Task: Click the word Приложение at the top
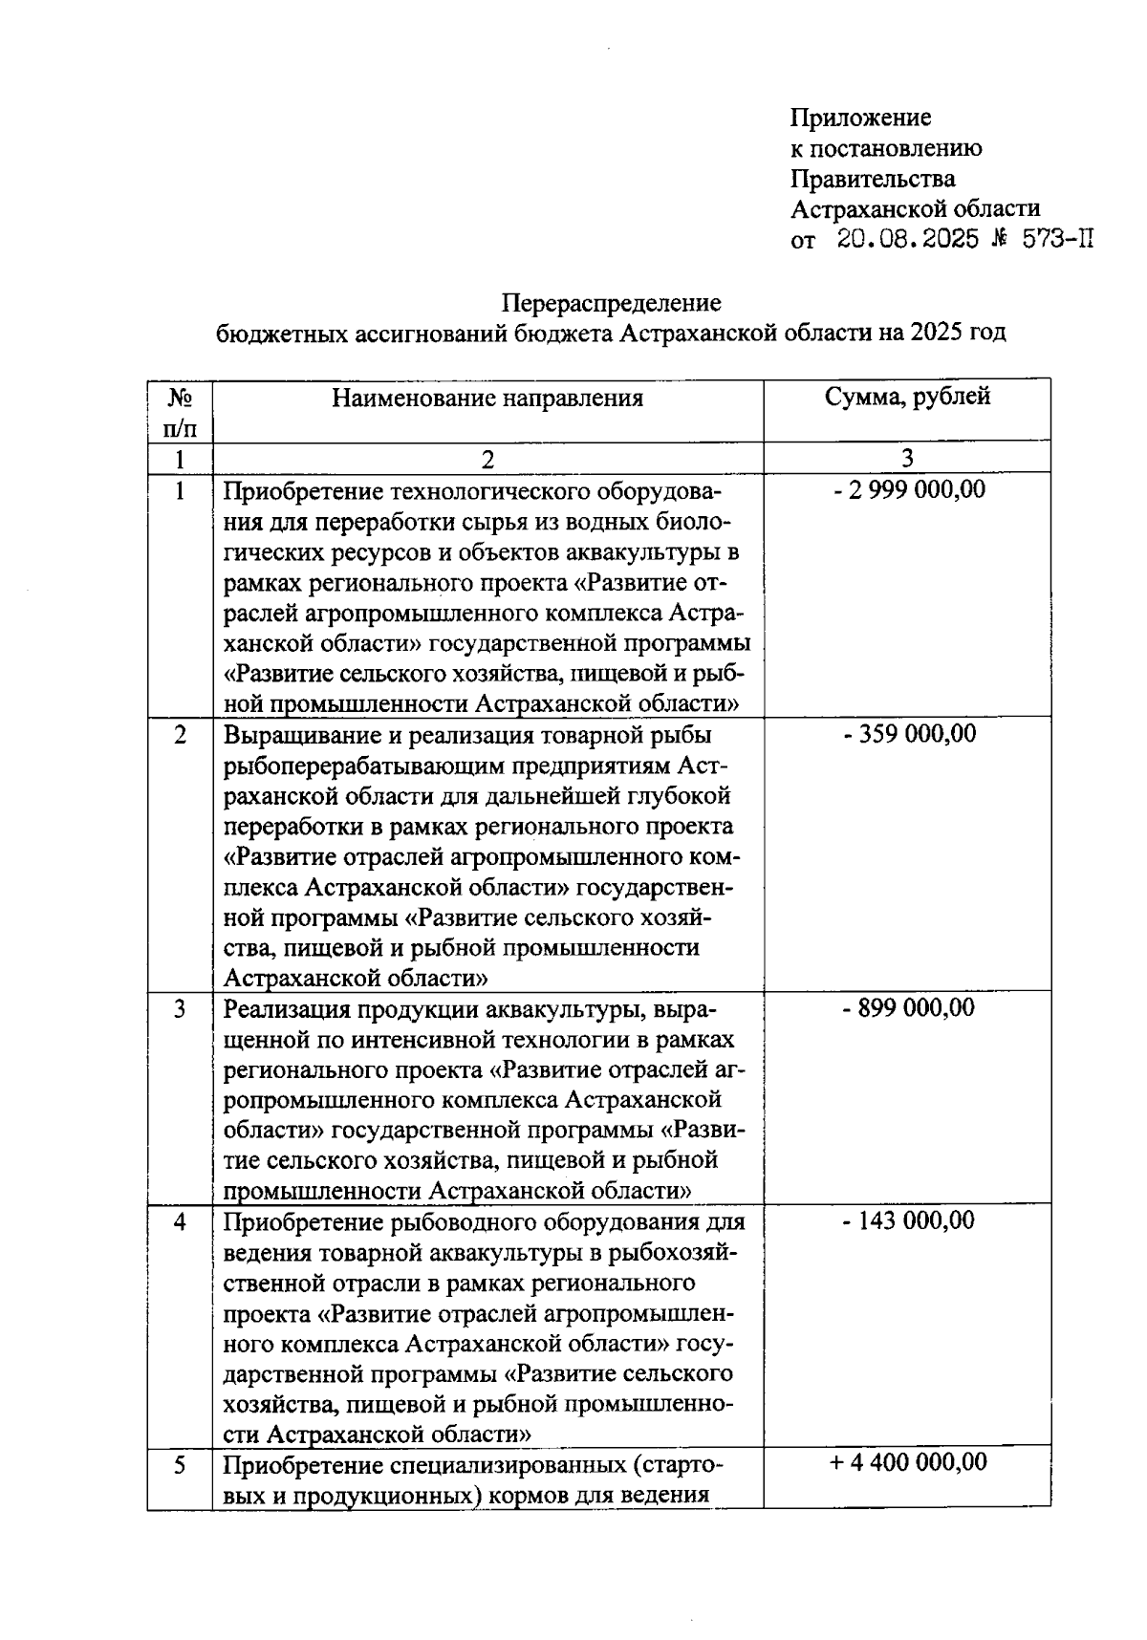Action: coord(860,118)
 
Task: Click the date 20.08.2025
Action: coord(907,239)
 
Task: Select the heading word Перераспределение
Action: coord(612,303)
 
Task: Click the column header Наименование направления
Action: coord(487,398)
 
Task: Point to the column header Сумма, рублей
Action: coord(907,397)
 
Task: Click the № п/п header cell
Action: coord(180,410)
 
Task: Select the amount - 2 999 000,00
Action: coord(907,490)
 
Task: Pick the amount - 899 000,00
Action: coord(907,1008)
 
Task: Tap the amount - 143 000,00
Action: coord(907,1220)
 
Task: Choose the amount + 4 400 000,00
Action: coord(907,1463)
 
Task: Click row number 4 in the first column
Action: coord(180,1221)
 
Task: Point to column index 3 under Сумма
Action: coord(907,459)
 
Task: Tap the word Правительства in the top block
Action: coord(873,179)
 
